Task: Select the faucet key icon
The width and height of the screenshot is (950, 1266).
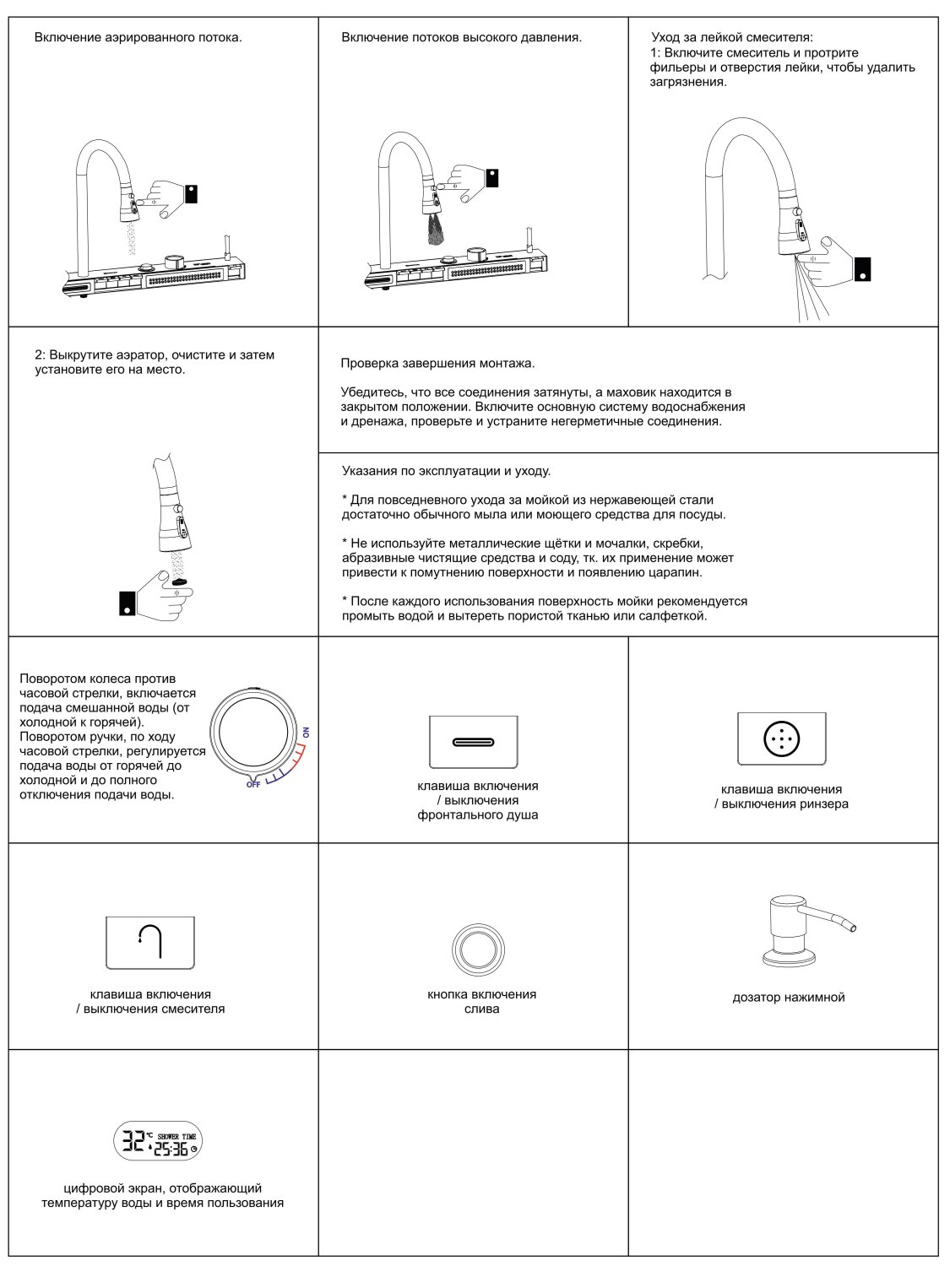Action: pos(149,941)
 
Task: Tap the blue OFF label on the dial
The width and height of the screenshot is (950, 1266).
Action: pos(253,784)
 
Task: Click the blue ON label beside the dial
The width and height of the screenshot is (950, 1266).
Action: pos(307,733)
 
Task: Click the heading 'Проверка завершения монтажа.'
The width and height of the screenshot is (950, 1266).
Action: pos(437,364)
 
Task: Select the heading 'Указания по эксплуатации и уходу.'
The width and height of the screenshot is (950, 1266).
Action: pos(446,471)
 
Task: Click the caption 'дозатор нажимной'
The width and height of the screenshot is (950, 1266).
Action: pos(788,998)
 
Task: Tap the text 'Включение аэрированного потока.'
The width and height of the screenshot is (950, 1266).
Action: pos(138,37)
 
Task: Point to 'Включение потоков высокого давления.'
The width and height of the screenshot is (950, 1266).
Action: pos(461,37)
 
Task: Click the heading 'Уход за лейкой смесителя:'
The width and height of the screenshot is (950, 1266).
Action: pos(732,37)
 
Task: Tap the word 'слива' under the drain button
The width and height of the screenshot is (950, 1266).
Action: pos(481,1009)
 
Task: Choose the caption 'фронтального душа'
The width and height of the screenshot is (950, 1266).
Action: pos(477,815)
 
